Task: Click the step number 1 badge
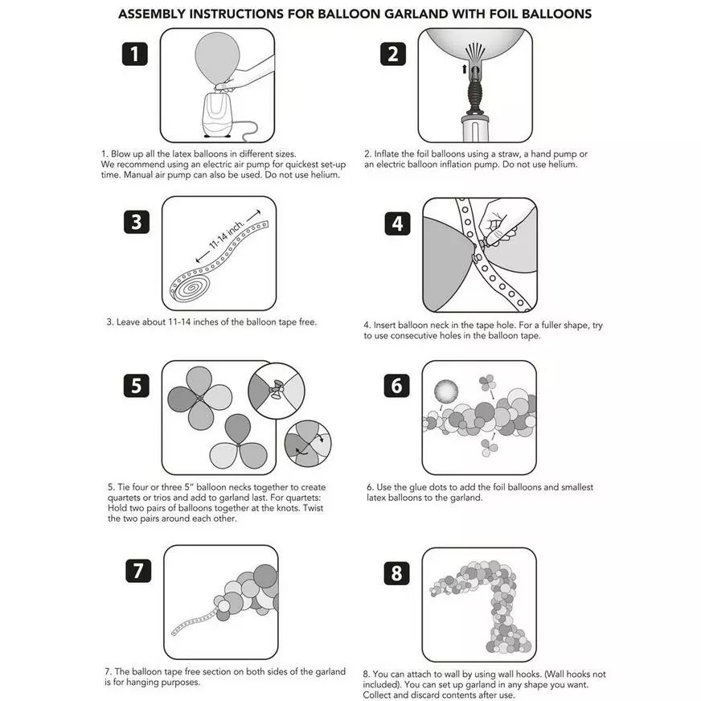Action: [134, 54]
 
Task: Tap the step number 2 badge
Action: [393, 54]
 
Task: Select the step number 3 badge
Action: [137, 221]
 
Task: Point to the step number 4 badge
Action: [397, 223]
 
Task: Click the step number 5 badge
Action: [137, 385]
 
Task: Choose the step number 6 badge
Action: [396, 386]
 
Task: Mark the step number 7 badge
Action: [138, 571]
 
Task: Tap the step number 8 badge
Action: [396, 573]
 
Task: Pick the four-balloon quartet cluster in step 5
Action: [198, 397]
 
